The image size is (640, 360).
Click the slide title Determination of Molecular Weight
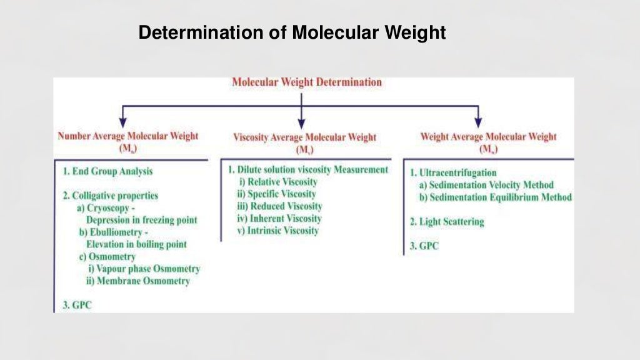point(292,32)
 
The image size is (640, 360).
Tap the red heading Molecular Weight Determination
point(306,82)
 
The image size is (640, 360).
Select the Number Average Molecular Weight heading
point(127,136)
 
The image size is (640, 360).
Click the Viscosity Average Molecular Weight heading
point(304,137)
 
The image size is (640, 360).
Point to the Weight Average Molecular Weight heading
point(488,136)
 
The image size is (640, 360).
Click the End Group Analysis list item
point(107,171)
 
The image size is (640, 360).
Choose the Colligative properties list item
point(111,196)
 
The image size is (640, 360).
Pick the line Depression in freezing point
point(141,219)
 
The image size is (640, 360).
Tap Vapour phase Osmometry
point(144,269)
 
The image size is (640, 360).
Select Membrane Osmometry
point(138,281)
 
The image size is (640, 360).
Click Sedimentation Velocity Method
point(486,185)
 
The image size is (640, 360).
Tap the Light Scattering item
point(447,221)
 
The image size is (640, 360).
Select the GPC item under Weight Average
point(424,246)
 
